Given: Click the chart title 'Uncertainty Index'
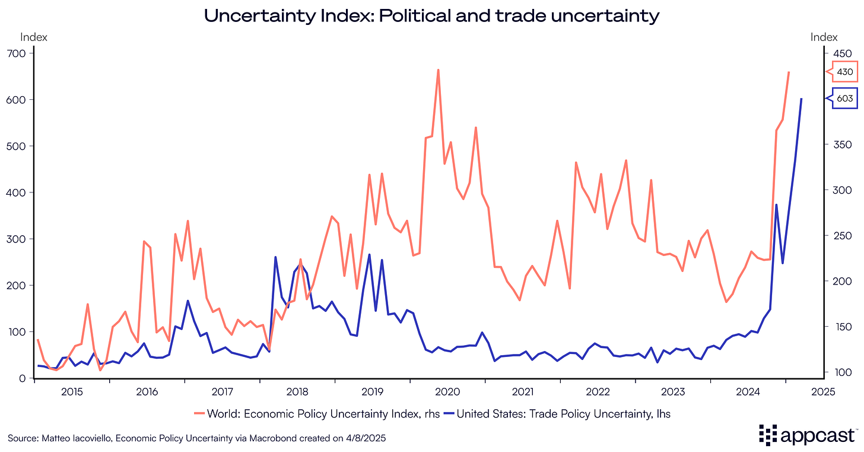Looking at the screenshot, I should [431, 15].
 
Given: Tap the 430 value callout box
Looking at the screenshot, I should [844, 72].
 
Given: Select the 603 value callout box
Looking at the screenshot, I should [844, 99].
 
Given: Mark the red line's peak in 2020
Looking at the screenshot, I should [438, 69].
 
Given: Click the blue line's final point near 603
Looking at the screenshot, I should [802, 99].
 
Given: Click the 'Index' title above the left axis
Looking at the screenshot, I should [34, 37].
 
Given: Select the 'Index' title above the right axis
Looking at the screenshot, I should [824, 37].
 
